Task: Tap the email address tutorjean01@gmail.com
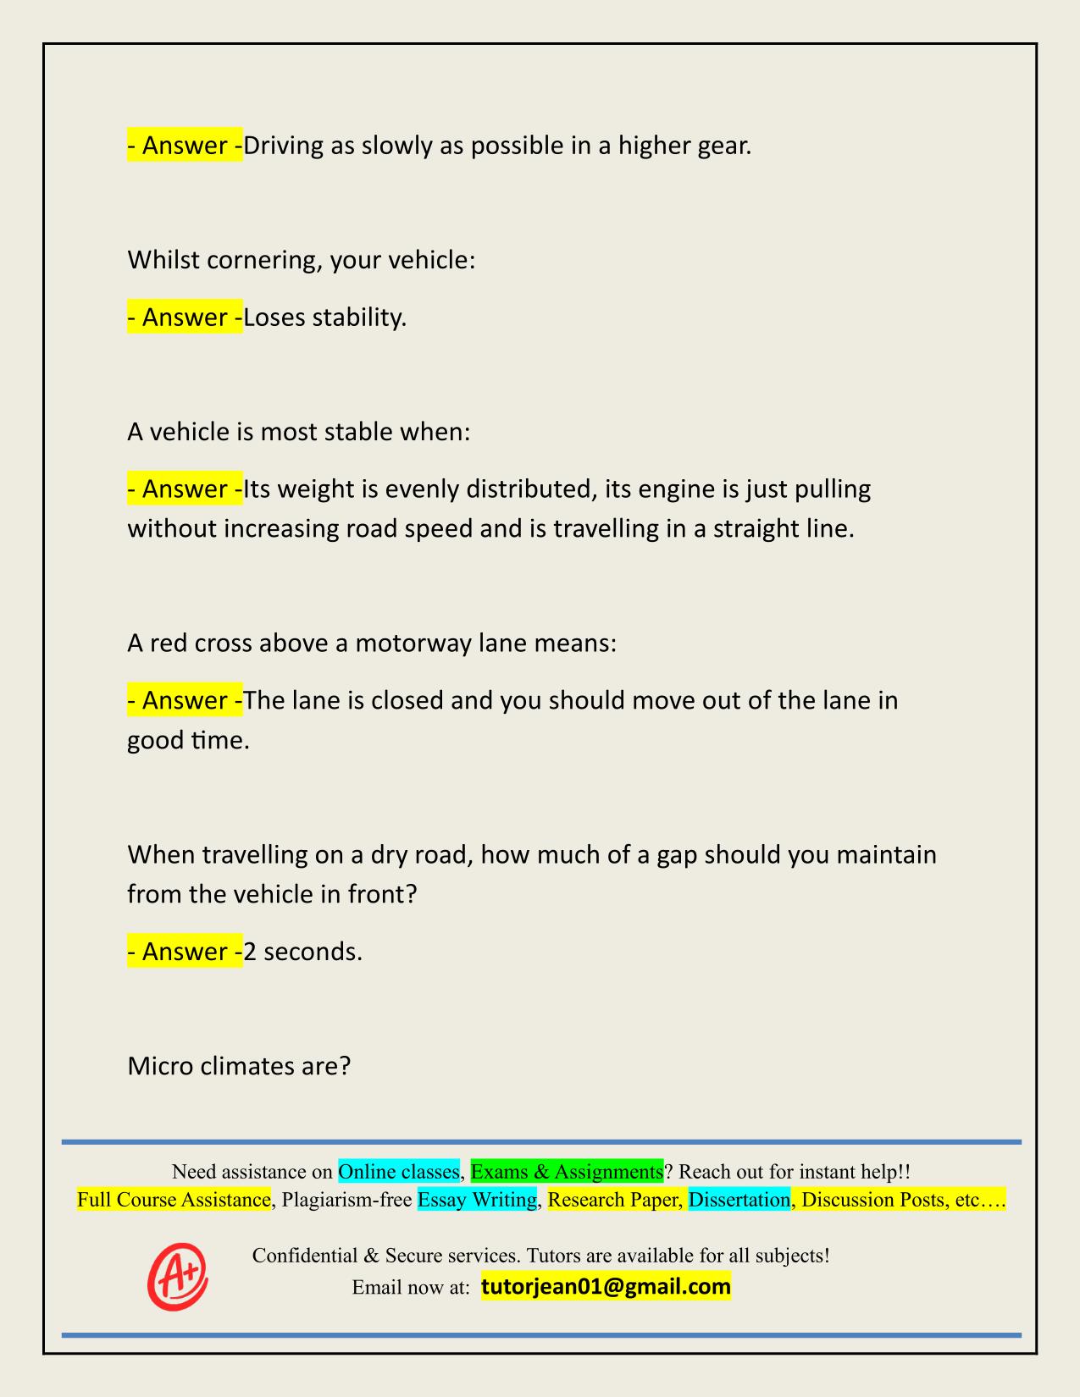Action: coord(606,1287)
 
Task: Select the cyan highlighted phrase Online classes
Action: coord(399,1172)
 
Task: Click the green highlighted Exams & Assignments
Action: coord(567,1172)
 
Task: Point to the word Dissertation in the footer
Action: coord(739,1200)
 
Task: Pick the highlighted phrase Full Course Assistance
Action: coord(174,1200)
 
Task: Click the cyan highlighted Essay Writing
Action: coord(478,1200)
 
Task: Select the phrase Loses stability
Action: coord(325,317)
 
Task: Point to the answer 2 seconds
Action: coord(303,952)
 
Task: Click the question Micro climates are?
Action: coord(239,1066)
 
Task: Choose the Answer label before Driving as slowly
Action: coord(185,146)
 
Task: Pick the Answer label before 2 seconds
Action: coord(185,952)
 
